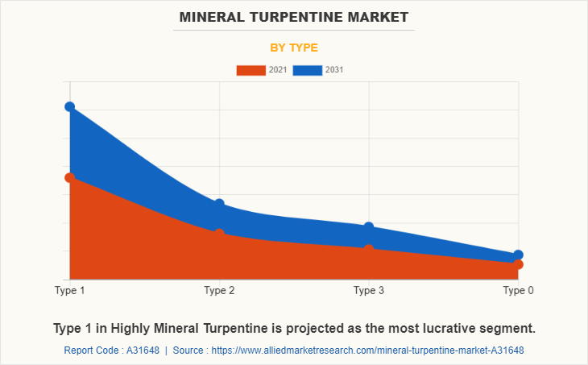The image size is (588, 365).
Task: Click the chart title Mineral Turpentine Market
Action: [x=294, y=16]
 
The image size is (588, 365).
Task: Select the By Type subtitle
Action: [x=294, y=48]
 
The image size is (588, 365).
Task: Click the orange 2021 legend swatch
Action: [x=251, y=70]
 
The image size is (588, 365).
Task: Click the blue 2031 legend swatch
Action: [x=308, y=70]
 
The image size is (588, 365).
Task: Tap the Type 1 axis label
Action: [x=70, y=290]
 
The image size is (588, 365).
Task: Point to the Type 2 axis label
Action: [x=219, y=290]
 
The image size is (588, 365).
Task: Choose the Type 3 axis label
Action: [x=369, y=290]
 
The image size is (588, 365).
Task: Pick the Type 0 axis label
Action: [x=518, y=290]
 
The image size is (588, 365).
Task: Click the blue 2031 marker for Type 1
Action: [x=70, y=107]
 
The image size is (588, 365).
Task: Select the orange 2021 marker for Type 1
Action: [x=70, y=177]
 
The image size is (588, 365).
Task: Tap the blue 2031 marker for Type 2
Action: [x=219, y=204]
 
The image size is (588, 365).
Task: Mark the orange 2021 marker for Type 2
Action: [x=219, y=234]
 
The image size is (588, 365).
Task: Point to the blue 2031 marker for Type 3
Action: [x=369, y=227]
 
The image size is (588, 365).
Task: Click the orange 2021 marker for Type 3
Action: [x=369, y=249]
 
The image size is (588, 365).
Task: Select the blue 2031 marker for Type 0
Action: [x=518, y=255]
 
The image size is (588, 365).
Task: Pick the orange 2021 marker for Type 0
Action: [x=518, y=264]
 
